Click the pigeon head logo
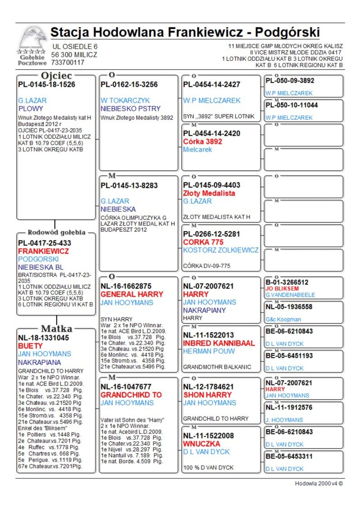pyautogui.click(x=33, y=39)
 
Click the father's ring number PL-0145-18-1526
pyautogui.click(x=46, y=84)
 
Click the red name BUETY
pyautogui.click(x=30, y=346)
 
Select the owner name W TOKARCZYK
pyautogui.click(x=125, y=100)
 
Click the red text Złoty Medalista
pyautogui.click(x=209, y=193)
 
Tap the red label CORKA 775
pyautogui.click(x=203, y=242)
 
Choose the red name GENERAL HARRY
pyautogui.click(x=132, y=294)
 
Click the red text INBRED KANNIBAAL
pyautogui.click(x=219, y=343)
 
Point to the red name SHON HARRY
pyautogui.click(x=207, y=395)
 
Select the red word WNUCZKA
pyautogui.click(x=201, y=444)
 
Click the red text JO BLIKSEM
pyautogui.click(x=282, y=288)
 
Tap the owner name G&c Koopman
pyautogui.click(x=283, y=320)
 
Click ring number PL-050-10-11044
pyautogui.click(x=292, y=105)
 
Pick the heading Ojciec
pyautogui.click(x=56, y=75)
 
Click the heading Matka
pyautogui.click(x=56, y=329)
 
